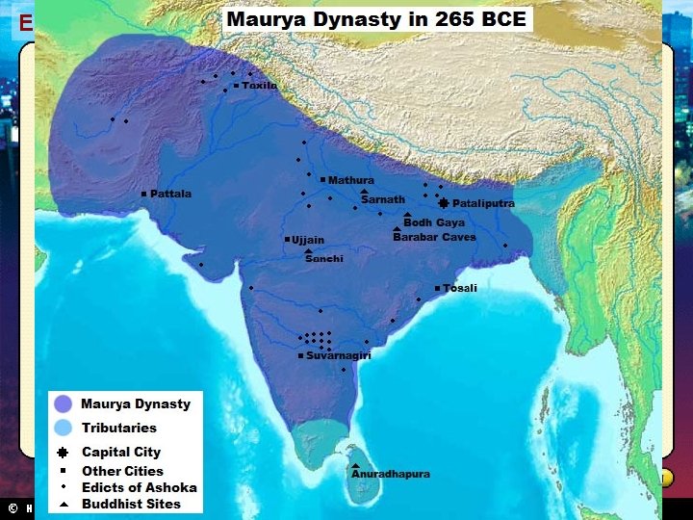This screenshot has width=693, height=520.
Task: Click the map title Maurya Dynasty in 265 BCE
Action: (x=376, y=19)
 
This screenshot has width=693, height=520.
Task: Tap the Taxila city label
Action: (x=259, y=86)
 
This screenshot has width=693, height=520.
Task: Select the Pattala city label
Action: (x=170, y=194)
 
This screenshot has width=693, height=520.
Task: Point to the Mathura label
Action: (x=350, y=180)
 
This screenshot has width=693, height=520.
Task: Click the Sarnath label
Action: (x=382, y=199)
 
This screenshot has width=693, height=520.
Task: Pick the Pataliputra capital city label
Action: (x=483, y=203)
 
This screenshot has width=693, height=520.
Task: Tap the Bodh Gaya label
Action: (x=433, y=222)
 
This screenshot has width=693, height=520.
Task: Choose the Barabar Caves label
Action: (x=434, y=237)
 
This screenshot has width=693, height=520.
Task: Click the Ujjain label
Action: (x=308, y=240)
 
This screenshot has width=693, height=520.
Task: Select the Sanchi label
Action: (x=323, y=259)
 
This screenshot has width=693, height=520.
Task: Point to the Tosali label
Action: (x=460, y=288)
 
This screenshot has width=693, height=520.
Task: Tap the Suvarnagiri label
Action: (x=338, y=355)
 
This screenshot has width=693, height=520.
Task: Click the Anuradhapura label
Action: (x=390, y=474)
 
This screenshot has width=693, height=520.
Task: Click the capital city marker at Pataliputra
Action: (x=443, y=203)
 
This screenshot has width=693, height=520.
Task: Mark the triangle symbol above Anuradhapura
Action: (x=355, y=465)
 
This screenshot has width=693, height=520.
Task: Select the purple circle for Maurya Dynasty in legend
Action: (x=64, y=404)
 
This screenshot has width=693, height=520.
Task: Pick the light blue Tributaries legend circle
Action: (x=64, y=428)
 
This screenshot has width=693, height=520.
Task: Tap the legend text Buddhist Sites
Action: (x=131, y=504)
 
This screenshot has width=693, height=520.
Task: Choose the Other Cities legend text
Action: (x=122, y=471)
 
